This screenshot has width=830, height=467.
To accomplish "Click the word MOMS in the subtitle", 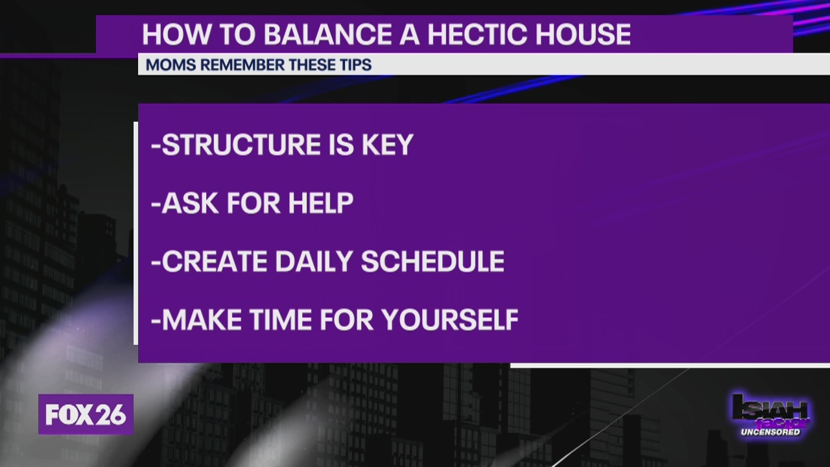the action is (171, 65).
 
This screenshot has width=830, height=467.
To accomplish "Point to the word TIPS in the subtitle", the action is (355, 65).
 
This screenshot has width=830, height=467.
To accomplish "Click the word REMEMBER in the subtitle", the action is (243, 65).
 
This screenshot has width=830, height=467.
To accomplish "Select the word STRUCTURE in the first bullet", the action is (241, 144).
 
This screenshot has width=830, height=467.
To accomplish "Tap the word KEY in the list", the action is (388, 144).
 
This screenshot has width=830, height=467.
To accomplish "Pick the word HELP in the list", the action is (321, 203).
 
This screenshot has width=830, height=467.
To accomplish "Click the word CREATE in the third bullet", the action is (214, 261).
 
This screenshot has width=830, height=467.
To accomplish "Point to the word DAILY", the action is (313, 261).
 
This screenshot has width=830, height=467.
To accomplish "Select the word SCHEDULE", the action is (433, 261).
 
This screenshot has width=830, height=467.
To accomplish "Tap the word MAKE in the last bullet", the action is (202, 320).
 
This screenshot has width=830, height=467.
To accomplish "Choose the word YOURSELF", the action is (450, 320).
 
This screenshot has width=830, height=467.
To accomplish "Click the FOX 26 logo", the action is (86, 414).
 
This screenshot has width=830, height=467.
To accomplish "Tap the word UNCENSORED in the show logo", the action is (770, 432).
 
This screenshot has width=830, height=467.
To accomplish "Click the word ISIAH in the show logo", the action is (770, 408).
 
